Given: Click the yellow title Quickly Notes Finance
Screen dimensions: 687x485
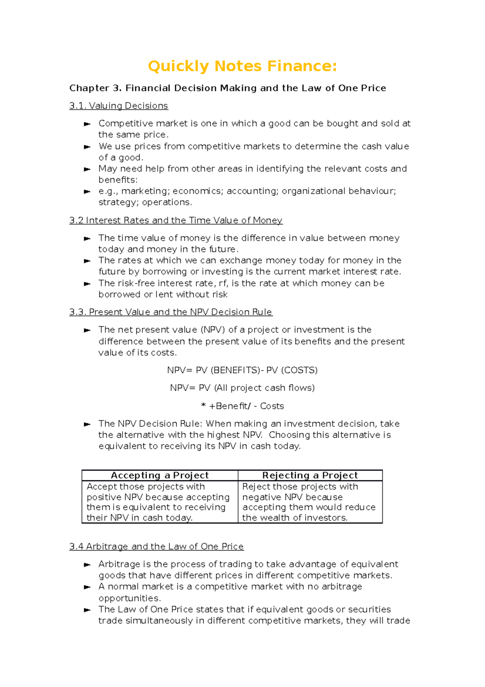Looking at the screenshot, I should pyautogui.click(x=242, y=66).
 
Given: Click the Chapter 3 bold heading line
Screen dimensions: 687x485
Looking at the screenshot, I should pyautogui.click(x=228, y=88).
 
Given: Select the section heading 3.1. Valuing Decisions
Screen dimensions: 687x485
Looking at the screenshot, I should pyautogui.click(x=118, y=106).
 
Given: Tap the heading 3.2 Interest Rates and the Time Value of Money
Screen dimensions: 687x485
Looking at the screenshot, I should pyautogui.click(x=176, y=221).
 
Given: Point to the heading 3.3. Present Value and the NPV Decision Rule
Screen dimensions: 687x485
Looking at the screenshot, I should pyautogui.click(x=171, y=312).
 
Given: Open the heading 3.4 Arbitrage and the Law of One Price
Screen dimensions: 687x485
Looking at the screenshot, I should pyautogui.click(x=156, y=547).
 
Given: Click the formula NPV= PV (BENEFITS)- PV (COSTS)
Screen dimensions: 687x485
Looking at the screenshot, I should pyautogui.click(x=242, y=370).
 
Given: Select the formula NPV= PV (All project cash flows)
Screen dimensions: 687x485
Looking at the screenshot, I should pyautogui.click(x=242, y=388).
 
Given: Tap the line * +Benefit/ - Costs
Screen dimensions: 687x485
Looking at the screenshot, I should pyautogui.click(x=242, y=406).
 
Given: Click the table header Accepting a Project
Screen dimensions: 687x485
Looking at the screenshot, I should pyautogui.click(x=160, y=475).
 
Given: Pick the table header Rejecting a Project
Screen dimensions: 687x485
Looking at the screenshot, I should pyautogui.click(x=310, y=475).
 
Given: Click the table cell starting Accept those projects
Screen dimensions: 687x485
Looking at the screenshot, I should pyautogui.click(x=158, y=502).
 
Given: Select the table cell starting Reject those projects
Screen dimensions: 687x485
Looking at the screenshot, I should pyautogui.click(x=309, y=502).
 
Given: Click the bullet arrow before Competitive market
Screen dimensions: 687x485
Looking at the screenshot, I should pyautogui.click(x=87, y=124).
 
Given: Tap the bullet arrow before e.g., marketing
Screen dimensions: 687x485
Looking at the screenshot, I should pyautogui.click(x=87, y=191).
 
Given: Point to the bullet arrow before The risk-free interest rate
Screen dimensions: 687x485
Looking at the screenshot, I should pyautogui.click(x=87, y=284).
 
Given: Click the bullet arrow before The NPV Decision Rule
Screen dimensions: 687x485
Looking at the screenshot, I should pyautogui.click(x=87, y=424).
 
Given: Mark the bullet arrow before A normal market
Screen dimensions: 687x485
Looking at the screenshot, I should pyautogui.click(x=87, y=587).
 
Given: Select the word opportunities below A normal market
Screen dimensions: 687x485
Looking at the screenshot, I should pyautogui.click(x=129, y=598).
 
